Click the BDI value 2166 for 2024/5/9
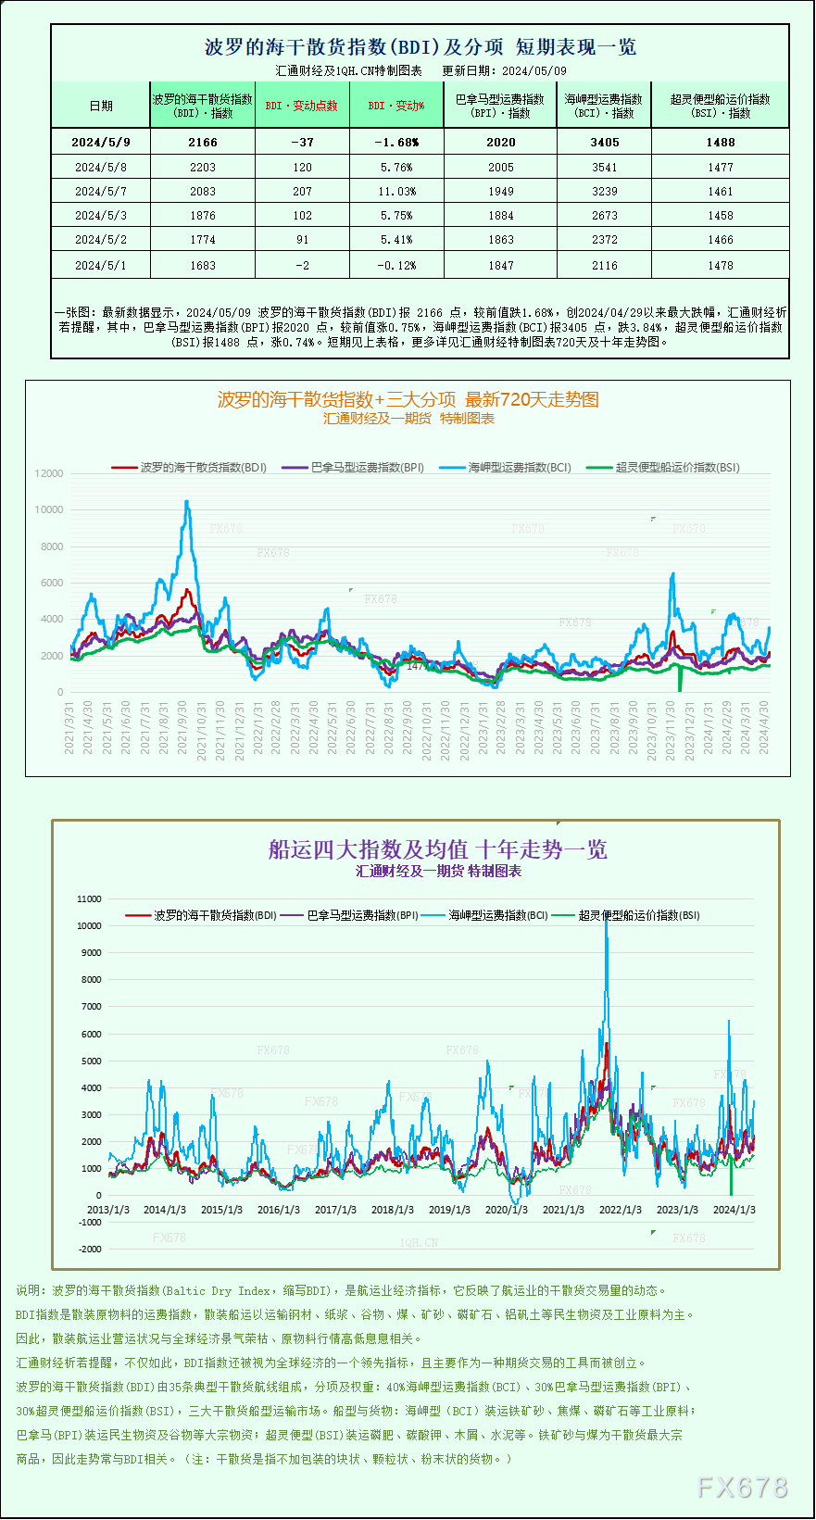pos(202,142)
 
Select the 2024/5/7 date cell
pos(100,191)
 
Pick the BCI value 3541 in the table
pos(604,167)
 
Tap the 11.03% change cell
pos(396,191)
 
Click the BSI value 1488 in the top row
pos(720,142)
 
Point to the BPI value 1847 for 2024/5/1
pos(500,265)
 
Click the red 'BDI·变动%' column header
pos(396,106)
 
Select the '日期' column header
pos(100,106)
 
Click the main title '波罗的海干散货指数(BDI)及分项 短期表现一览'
pos(420,47)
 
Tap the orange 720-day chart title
pos(408,399)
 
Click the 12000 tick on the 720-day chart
pos(49,473)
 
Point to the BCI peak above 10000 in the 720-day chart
pos(187,503)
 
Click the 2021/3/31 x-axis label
pos(69,728)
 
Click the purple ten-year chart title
pos(437,849)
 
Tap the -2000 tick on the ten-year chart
pos(90,1249)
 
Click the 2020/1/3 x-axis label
pos(506,1210)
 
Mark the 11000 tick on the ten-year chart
pos(89,898)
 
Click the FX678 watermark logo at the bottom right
pos(742,1488)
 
